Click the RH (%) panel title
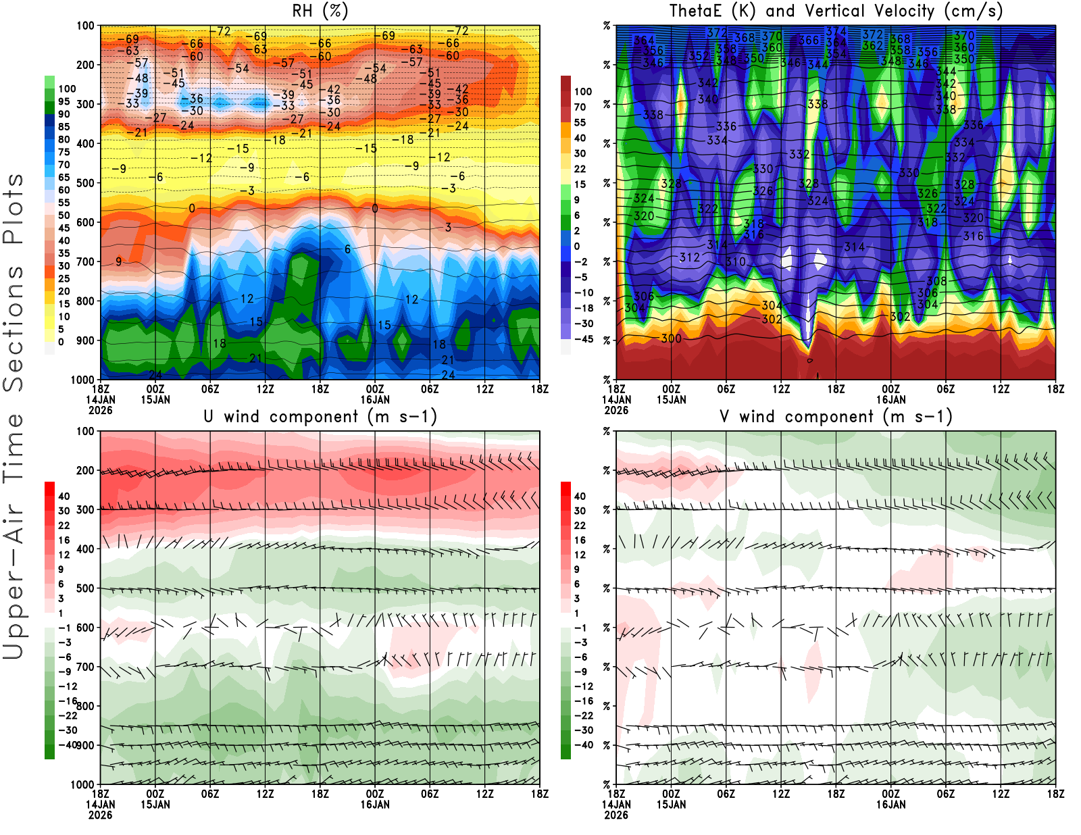pyautogui.click(x=320, y=11)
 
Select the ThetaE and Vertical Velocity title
pyautogui.click(x=836, y=11)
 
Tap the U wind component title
pyautogui.click(x=320, y=416)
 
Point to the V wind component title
pyautogui.click(x=836, y=416)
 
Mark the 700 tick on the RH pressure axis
pyautogui.click(x=86, y=261)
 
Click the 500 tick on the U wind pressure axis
pyautogui.click(x=86, y=588)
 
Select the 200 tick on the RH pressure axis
pyautogui.click(x=86, y=65)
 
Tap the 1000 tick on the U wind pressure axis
pyautogui.click(x=83, y=785)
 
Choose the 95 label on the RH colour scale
pyautogui.click(x=64, y=101)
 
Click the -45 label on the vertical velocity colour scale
pyautogui.click(x=584, y=339)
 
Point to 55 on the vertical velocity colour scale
pyautogui.click(x=580, y=122)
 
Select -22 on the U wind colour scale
pyautogui.click(x=68, y=715)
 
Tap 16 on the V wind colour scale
pyautogui.click(x=580, y=540)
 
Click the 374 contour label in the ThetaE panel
pyautogui.click(x=836, y=31)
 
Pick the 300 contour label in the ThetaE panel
pyautogui.click(x=671, y=338)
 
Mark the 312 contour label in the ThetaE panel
pyautogui.click(x=689, y=257)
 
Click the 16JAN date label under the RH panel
pyautogui.click(x=375, y=399)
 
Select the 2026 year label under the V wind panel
pyautogui.click(x=616, y=815)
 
